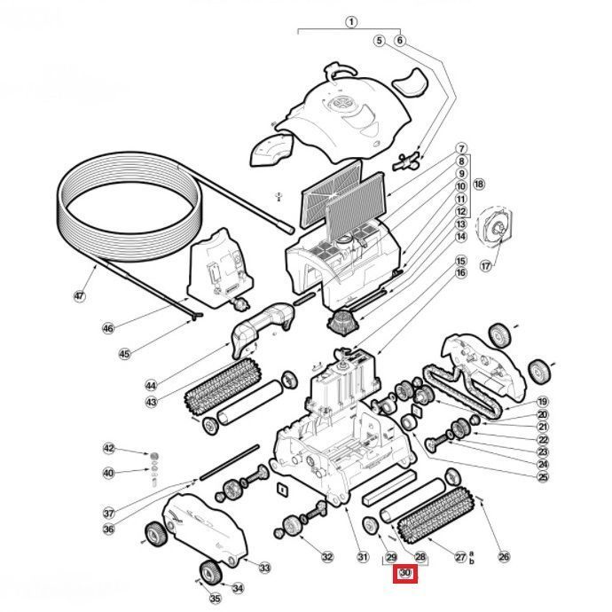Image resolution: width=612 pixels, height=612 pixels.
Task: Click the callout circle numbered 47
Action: click(80, 296)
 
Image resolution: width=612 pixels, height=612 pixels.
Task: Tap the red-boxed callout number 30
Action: click(405, 574)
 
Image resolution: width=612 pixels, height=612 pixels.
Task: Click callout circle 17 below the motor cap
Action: click(485, 265)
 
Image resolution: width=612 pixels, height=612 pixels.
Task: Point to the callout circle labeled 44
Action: click(151, 385)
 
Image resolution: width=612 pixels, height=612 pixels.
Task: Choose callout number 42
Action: click(108, 449)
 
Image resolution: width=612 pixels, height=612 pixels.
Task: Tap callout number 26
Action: click(504, 557)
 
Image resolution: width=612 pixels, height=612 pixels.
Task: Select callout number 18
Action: click(479, 184)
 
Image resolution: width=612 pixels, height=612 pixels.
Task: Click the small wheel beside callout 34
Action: click(210, 571)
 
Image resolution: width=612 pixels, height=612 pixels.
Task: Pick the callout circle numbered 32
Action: click(327, 557)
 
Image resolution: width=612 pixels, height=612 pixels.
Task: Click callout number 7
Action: click(461, 148)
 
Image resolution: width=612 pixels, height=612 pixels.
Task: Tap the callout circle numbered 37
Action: click(108, 513)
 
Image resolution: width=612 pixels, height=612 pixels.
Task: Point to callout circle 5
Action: click(379, 40)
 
